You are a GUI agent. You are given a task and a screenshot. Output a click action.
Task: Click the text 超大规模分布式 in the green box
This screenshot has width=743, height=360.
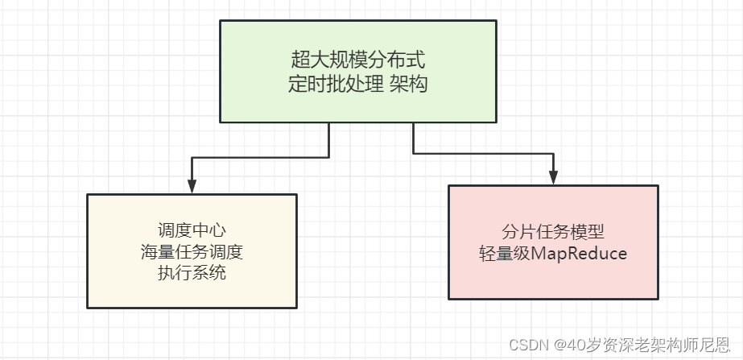(357, 60)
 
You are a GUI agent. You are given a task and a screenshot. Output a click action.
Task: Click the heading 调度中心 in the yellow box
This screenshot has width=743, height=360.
(192, 230)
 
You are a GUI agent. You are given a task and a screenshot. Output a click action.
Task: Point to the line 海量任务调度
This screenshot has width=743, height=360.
(192, 251)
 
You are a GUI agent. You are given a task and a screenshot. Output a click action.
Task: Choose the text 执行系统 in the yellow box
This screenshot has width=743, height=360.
(192, 272)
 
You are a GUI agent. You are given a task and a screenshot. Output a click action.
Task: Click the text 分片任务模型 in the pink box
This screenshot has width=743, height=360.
(552, 232)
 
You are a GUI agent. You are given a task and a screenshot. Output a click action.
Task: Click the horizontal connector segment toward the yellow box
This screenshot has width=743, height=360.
(260, 156)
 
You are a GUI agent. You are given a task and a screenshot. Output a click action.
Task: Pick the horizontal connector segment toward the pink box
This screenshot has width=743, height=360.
(483, 153)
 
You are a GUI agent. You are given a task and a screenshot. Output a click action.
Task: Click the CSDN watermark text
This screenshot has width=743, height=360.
(527, 344)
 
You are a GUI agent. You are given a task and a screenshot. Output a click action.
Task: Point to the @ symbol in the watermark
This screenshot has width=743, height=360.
(559, 344)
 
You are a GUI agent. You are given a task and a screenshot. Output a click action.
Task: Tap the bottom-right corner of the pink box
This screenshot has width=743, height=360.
(658, 299)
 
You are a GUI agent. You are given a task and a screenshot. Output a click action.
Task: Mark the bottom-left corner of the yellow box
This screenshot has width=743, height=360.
(87, 308)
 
